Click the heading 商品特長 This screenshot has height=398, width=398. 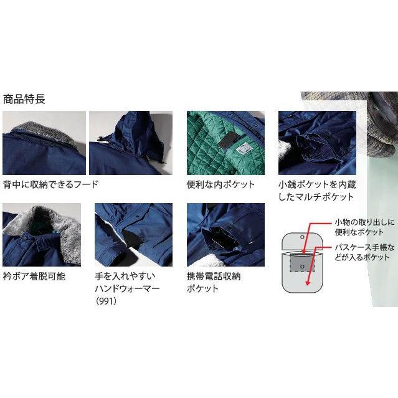(24, 99)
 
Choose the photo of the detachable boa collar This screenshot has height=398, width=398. (42, 235)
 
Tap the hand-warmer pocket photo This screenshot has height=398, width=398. (133, 235)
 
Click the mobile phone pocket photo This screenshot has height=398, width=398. (225, 235)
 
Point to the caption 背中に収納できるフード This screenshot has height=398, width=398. (50, 184)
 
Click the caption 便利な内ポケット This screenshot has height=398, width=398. (220, 184)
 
